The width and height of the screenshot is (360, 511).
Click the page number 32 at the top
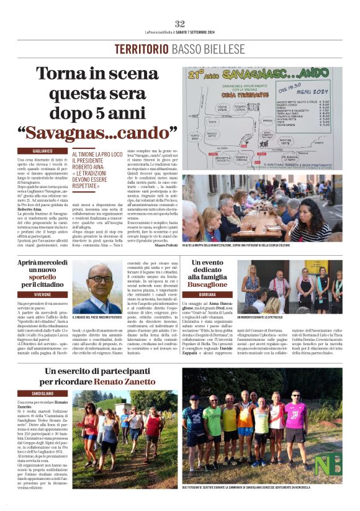(180, 24)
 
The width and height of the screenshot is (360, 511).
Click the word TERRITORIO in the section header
(138, 49)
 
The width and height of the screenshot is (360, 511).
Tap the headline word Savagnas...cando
(97, 132)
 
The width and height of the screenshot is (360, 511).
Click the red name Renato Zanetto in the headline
(207, 381)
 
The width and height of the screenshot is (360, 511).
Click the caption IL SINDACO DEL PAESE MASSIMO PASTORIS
(97, 318)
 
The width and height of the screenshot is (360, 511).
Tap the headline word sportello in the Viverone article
(42, 274)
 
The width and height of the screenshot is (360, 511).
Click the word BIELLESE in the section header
(218, 49)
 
